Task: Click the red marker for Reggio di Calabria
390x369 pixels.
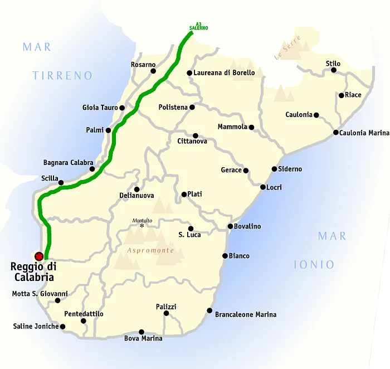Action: point(39,256)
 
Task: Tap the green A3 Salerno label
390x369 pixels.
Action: point(198,26)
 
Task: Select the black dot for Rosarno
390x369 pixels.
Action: point(153,71)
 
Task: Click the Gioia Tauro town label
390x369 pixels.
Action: point(100,108)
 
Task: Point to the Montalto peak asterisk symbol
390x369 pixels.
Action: point(142,226)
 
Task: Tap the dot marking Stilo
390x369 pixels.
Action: point(334,71)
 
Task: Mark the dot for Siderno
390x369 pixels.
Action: point(274,169)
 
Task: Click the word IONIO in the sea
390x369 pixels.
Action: point(314,265)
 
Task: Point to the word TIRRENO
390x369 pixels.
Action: point(62,76)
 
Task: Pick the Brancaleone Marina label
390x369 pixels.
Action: point(246,314)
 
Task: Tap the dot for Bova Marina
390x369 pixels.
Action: point(142,332)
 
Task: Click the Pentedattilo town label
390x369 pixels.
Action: point(84,314)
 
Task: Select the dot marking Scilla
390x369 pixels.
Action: point(61,182)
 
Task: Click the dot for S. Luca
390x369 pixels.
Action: point(191,229)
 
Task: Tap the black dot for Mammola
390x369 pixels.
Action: point(251,127)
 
